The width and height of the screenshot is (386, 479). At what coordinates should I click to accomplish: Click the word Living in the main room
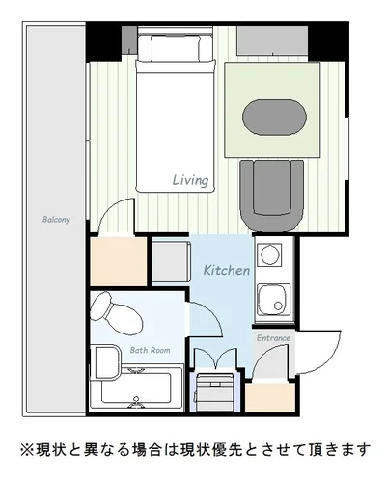(x=190, y=181)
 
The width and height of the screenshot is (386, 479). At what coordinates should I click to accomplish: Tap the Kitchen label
(x=227, y=270)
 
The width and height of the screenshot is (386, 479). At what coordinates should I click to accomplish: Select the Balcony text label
(x=56, y=220)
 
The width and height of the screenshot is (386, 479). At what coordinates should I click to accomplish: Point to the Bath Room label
(x=150, y=350)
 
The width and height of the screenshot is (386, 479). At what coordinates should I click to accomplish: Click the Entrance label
(x=273, y=338)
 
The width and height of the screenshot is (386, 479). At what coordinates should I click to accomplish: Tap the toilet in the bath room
(x=116, y=313)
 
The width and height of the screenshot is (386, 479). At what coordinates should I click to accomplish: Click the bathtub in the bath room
(x=137, y=387)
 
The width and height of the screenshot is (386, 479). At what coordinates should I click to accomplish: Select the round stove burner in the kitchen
(x=269, y=254)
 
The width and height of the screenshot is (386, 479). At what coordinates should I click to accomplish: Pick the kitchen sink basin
(x=274, y=300)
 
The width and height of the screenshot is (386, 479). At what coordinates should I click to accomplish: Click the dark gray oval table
(x=274, y=118)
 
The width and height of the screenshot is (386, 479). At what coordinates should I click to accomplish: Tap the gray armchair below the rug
(x=272, y=196)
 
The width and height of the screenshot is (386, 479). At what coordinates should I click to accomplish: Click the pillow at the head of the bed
(x=176, y=47)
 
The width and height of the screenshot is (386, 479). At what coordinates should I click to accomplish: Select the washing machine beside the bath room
(x=214, y=392)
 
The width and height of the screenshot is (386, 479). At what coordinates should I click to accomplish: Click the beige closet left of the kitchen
(x=119, y=261)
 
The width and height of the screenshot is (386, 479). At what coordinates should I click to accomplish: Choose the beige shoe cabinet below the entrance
(x=270, y=397)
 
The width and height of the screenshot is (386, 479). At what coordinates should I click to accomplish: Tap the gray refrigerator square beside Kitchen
(x=170, y=262)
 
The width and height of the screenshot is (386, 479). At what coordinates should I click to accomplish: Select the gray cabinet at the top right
(x=272, y=40)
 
